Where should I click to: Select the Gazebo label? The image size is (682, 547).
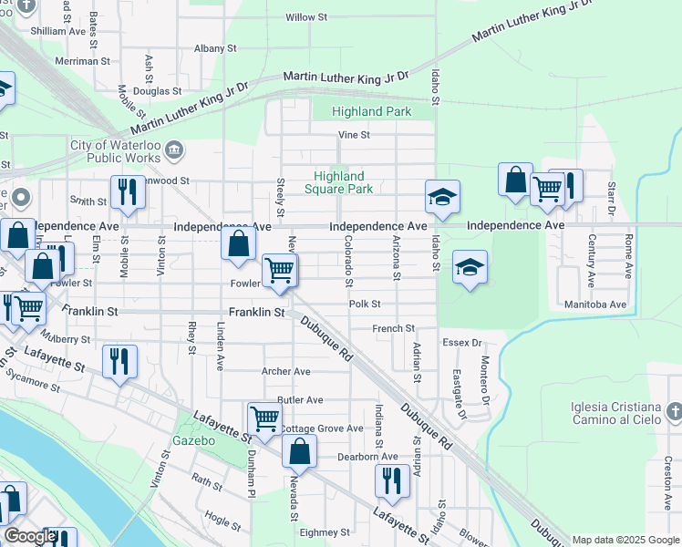(193, 440)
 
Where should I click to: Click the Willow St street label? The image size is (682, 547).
(306, 17)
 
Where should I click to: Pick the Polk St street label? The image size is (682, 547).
(364, 304)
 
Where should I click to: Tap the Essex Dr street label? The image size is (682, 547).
(462, 343)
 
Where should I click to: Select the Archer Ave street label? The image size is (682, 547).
(285, 371)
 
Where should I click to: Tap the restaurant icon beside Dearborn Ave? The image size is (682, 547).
(391, 480)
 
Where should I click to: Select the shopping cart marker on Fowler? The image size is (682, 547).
(278, 270)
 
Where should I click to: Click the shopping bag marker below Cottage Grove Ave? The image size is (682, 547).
(299, 450)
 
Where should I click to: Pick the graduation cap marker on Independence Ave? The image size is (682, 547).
(442, 197)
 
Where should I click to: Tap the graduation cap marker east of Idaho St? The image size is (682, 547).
(470, 267)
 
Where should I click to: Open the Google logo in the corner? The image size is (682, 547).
(30, 536)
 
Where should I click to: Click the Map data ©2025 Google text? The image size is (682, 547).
(625, 540)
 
